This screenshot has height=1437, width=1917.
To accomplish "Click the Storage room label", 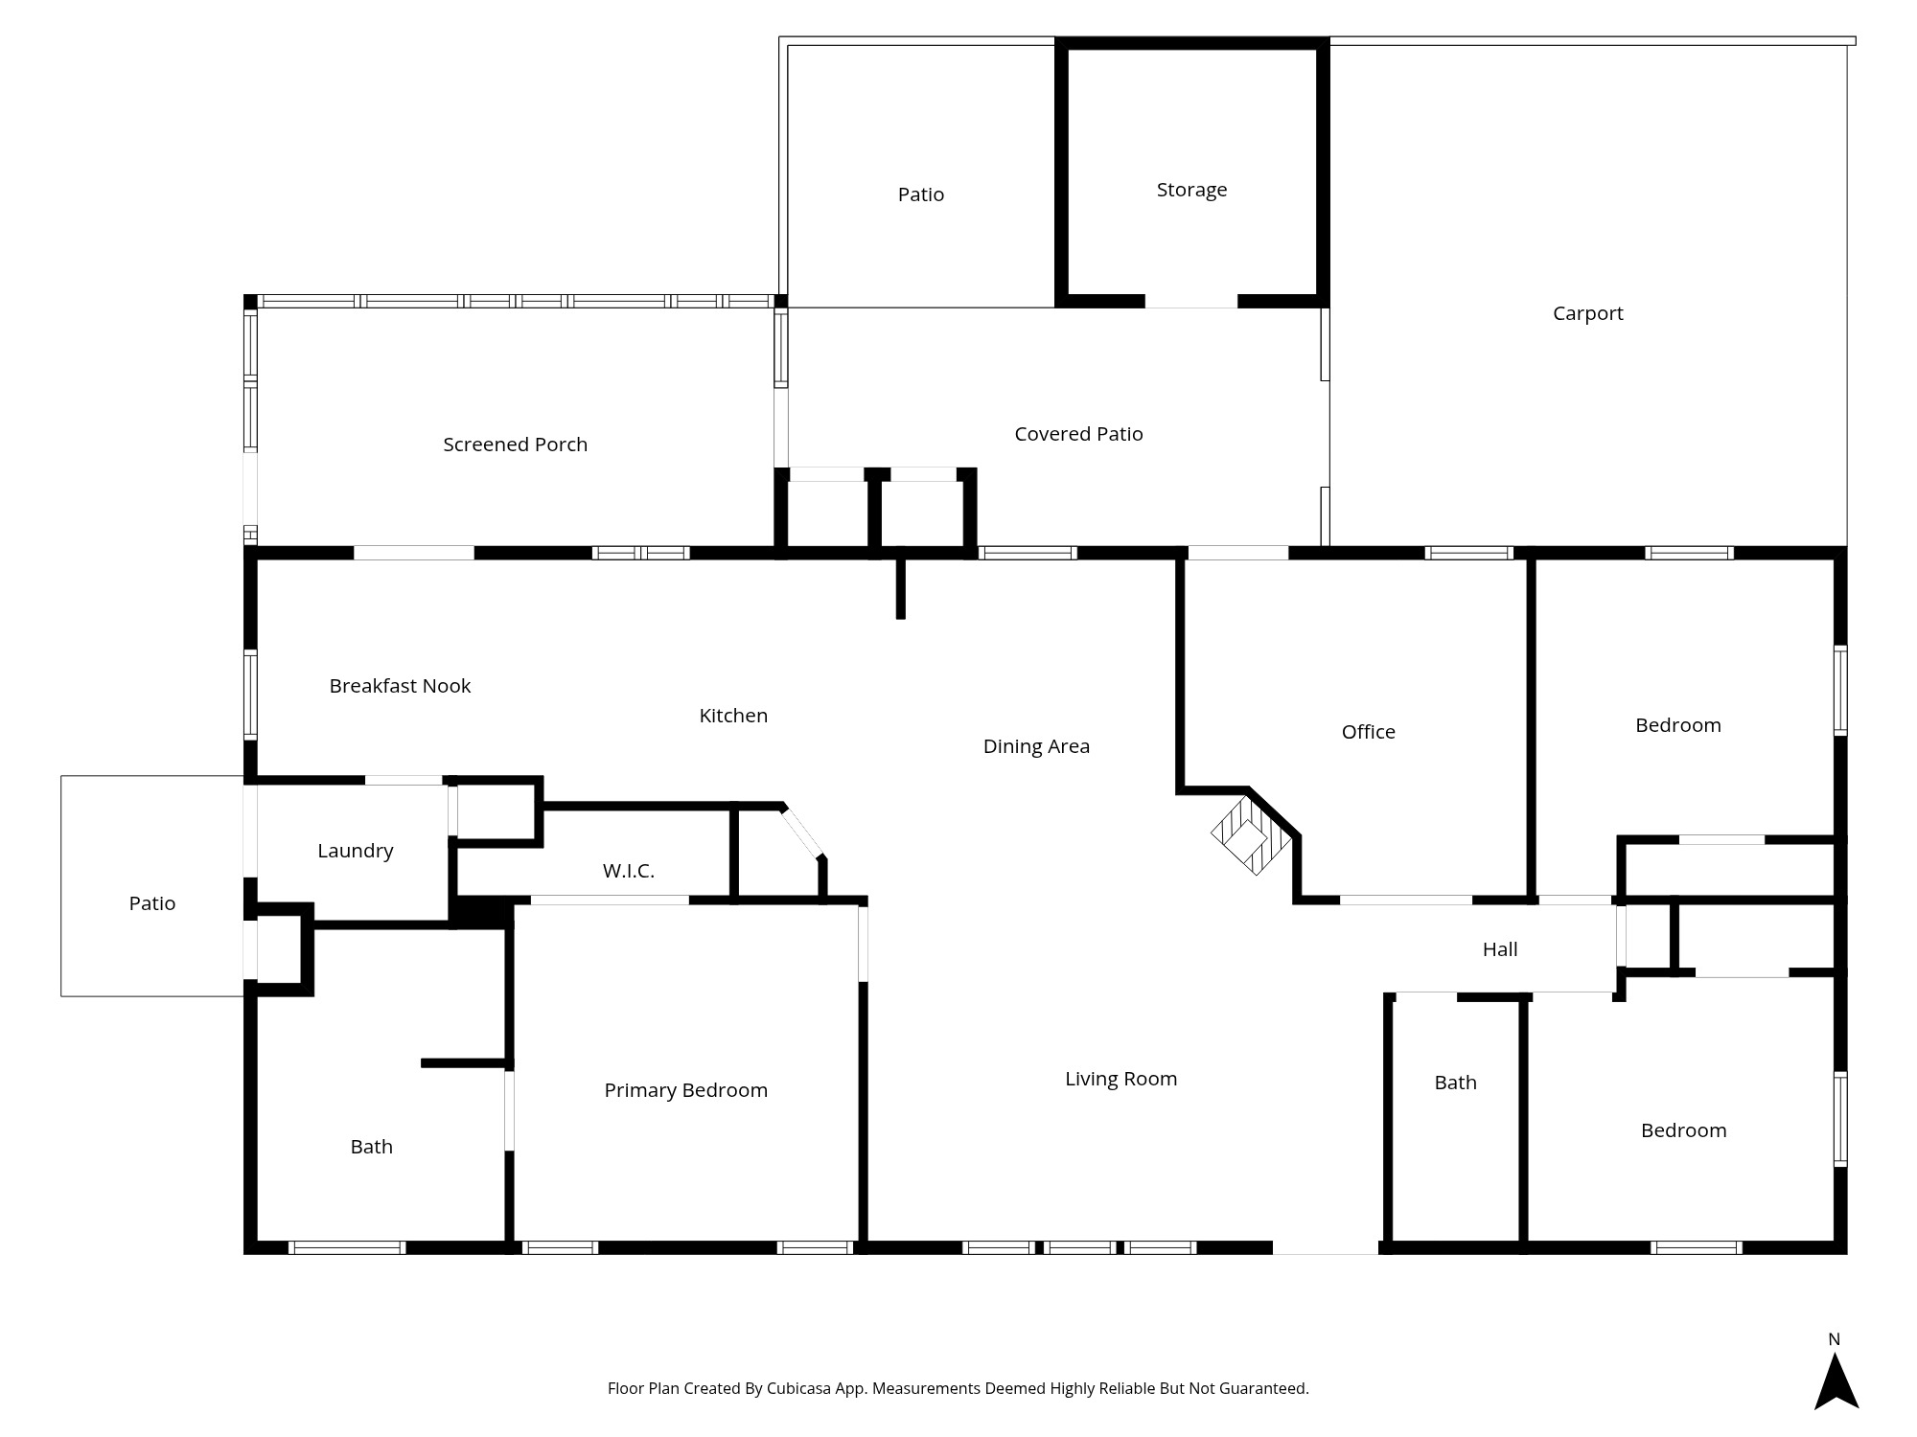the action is coord(1191,190).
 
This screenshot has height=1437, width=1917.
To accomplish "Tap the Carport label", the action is coord(1587,313).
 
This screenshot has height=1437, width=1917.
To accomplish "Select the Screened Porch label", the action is coord(515,445).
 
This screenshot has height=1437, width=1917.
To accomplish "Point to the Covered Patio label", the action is coord(1078,434).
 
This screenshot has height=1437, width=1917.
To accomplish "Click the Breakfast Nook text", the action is coord(400,686).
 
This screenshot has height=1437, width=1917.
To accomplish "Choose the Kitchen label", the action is coord(733,716).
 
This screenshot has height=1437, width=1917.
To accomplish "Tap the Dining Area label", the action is coord(1036,746).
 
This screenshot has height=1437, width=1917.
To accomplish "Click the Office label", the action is coord(1368,732).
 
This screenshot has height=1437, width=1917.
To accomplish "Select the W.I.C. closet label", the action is coord(628,871).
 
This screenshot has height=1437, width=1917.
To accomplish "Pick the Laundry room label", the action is coord(355,851).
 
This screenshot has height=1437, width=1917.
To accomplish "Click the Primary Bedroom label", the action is coord(685,1090).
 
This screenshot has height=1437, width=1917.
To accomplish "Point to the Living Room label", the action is coord(1120,1079).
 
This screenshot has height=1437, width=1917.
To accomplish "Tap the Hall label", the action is coord(1499,949).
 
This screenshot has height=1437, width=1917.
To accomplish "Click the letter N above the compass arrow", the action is coord(1834,1339).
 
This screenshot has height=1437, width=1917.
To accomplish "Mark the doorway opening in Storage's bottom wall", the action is coord(1191,301).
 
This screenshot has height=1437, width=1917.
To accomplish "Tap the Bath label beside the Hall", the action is coord(1455,1083).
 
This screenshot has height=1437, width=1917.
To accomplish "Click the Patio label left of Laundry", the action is coord(152,903).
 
